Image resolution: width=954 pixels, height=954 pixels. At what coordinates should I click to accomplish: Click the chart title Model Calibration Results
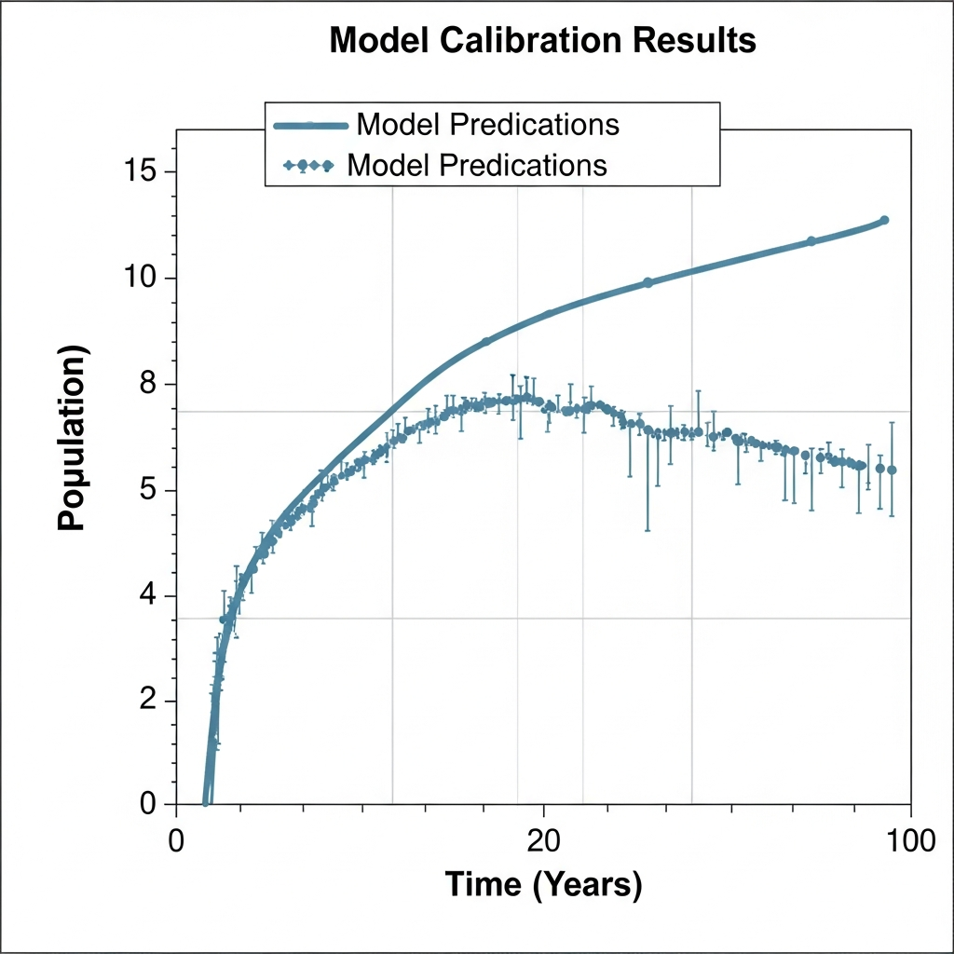point(542,41)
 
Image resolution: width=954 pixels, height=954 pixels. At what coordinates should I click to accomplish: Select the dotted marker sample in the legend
point(307,166)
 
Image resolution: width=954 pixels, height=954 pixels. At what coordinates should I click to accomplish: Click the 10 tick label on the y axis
point(142,279)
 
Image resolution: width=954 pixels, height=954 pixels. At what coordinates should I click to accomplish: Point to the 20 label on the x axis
point(543,838)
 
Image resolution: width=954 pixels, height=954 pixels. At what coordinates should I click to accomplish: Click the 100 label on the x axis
point(909,838)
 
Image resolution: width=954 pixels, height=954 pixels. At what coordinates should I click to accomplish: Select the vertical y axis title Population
point(72,438)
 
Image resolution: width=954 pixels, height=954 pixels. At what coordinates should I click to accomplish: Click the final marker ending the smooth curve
point(884,221)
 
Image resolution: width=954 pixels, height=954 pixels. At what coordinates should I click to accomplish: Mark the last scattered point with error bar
point(892,470)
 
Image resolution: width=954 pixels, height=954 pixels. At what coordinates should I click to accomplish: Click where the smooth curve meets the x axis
point(207,802)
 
